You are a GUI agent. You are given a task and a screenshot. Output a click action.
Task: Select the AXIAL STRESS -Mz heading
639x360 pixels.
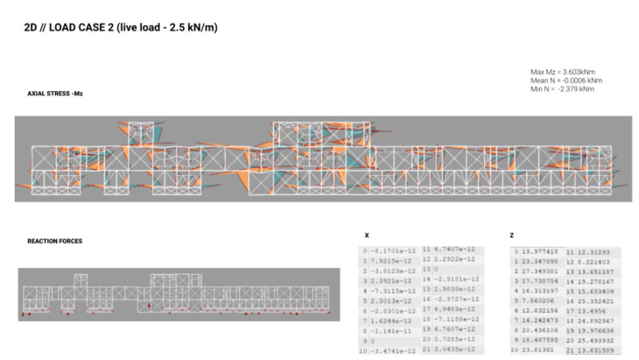55,93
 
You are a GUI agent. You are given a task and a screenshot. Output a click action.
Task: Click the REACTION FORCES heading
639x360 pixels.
54,241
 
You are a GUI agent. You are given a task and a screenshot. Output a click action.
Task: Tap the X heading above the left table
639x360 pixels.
365,236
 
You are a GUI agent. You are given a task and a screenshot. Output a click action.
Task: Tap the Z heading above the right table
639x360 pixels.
511,236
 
